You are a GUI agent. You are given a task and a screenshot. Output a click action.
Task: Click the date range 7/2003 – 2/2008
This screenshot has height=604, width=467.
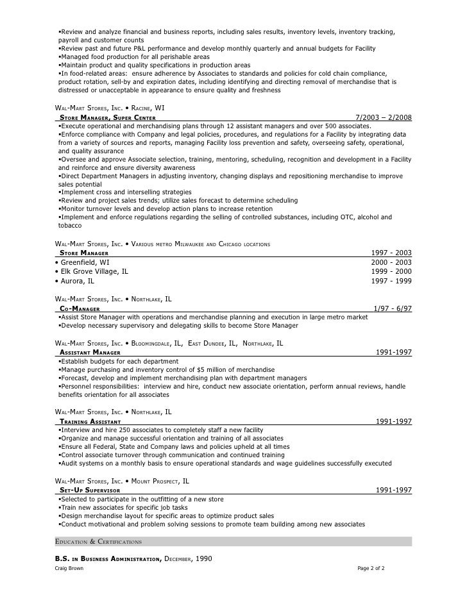click(383, 118)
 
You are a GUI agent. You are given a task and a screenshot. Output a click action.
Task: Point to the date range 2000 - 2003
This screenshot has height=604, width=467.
click(391, 262)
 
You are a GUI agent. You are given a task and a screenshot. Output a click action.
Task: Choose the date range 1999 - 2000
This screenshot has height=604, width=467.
click(391, 271)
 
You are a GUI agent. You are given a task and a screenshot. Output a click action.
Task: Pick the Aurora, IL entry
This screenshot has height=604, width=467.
click(75, 281)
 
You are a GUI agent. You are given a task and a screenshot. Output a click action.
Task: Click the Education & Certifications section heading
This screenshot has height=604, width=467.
click(99, 542)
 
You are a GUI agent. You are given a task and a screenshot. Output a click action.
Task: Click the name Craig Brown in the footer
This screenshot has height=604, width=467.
click(69, 569)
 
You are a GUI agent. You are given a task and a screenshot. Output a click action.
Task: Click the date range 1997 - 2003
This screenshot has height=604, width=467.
click(391, 253)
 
